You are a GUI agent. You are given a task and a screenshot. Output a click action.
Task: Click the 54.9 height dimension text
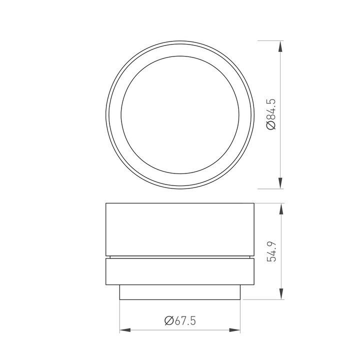click(272, 251)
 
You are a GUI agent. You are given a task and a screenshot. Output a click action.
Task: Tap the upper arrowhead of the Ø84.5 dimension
click(280, 46)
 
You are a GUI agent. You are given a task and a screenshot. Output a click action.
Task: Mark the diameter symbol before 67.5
click(168, 320)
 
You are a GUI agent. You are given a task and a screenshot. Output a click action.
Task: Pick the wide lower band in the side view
click(180, 271)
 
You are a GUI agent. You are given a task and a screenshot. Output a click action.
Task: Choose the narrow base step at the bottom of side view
click(180, 292)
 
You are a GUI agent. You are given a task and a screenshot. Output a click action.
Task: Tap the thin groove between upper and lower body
click(180, 257)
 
